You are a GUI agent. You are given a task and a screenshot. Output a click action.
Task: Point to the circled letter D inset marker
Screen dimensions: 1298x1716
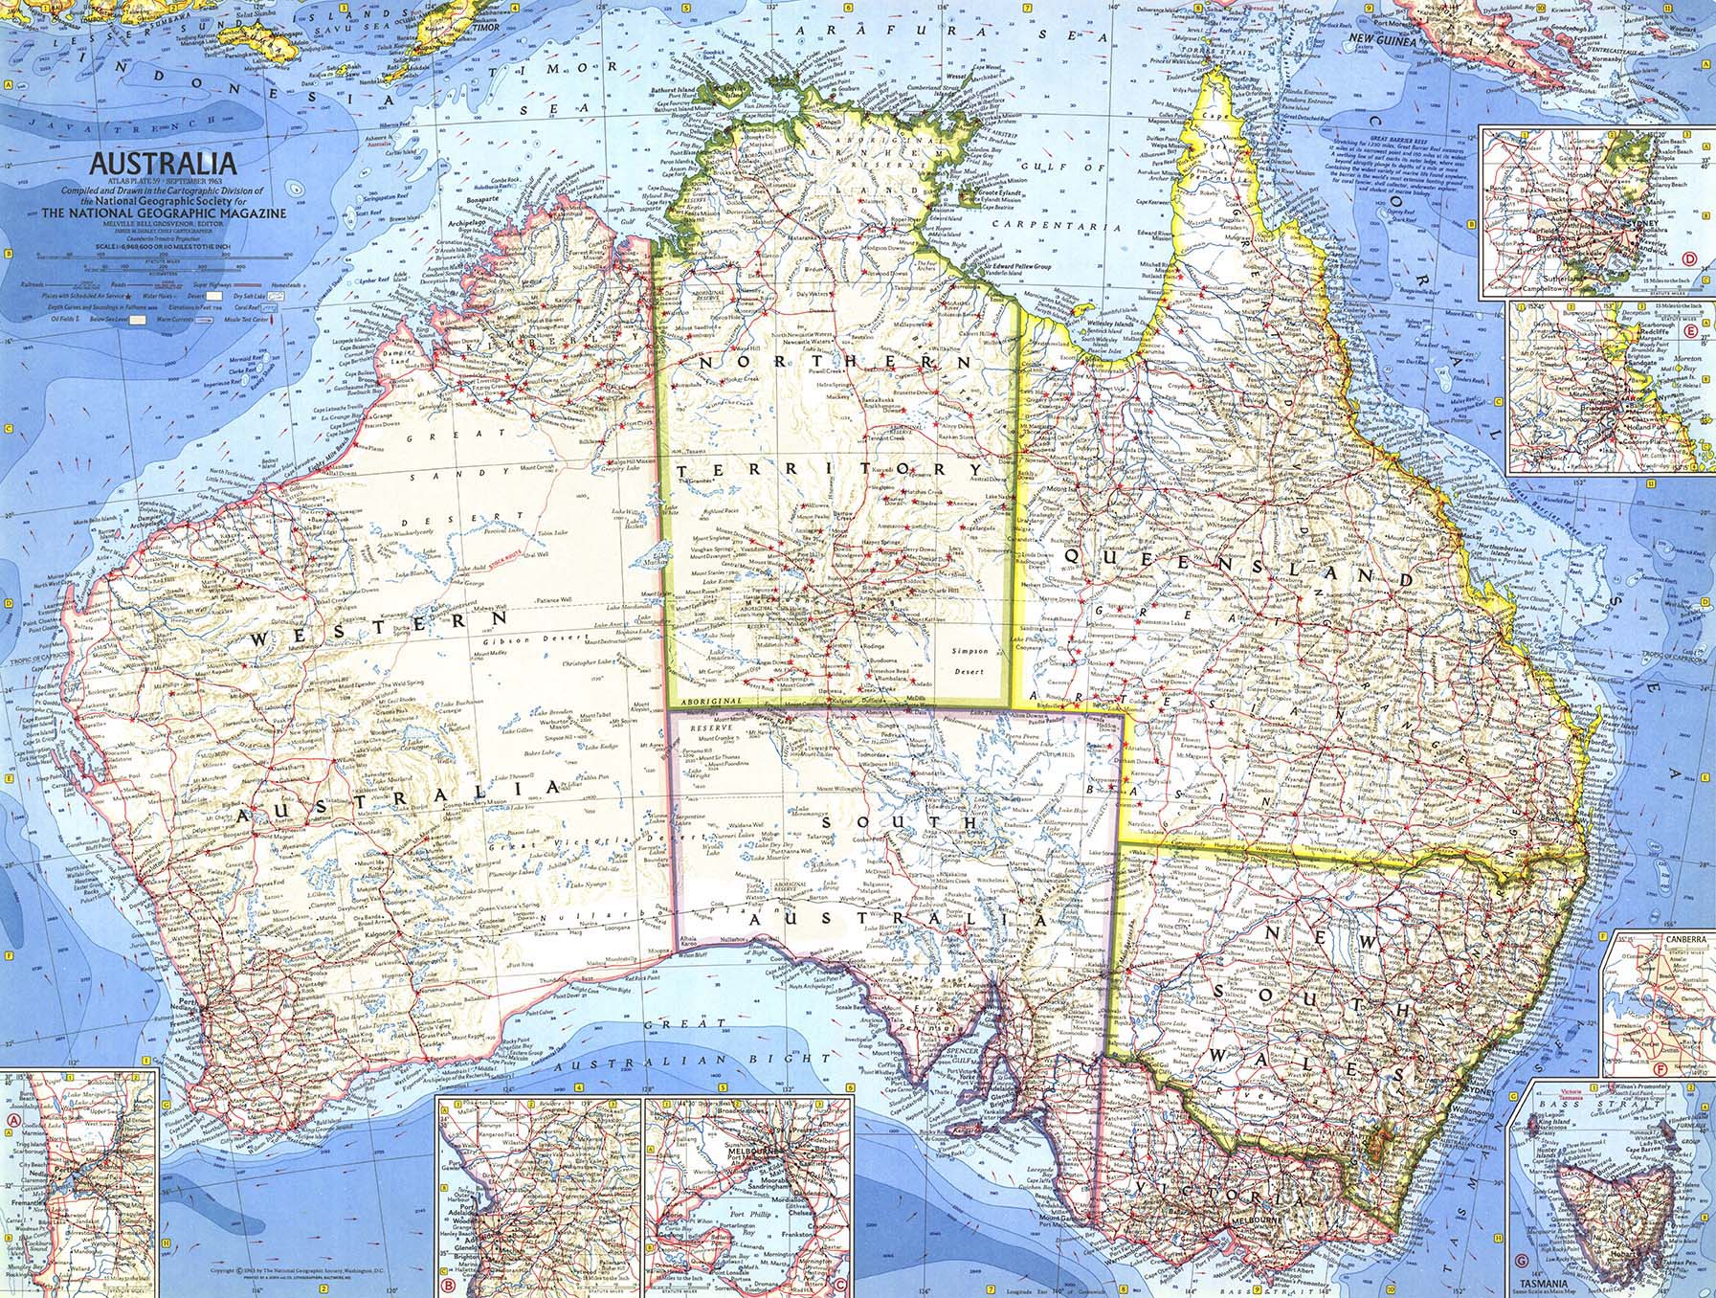[1690, 284]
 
